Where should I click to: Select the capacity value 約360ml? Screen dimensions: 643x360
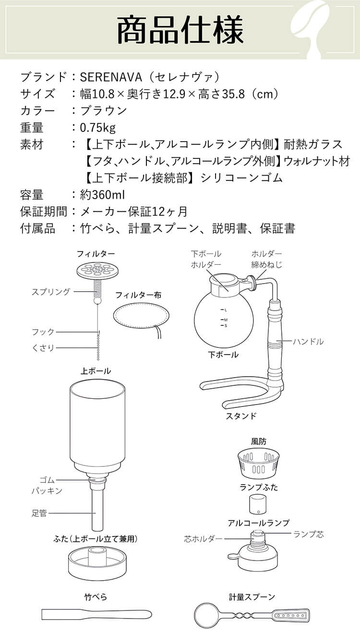[103, 194]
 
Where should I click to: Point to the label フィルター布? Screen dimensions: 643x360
[138, 295]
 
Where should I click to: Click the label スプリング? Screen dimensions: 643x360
[51, 291]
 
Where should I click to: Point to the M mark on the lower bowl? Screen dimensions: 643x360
[224, 320]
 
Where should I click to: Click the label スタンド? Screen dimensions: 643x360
[241, 416]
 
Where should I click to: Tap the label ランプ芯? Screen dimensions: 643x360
[308, 534]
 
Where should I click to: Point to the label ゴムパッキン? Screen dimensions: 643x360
[47, 486]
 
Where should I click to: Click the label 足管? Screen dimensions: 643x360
[39, 513]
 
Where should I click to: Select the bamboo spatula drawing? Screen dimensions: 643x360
[96, 614]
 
